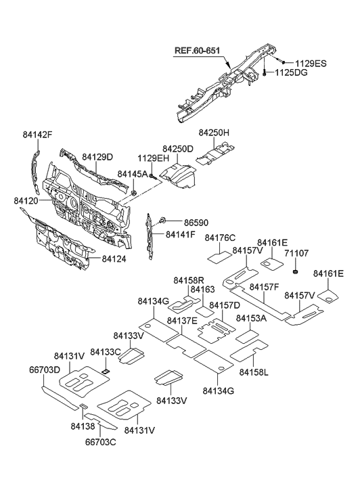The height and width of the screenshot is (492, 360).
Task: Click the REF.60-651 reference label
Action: coord(202,49)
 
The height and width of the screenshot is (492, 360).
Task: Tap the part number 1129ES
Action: coord(311,63)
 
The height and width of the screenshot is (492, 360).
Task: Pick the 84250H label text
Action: coord(214,133)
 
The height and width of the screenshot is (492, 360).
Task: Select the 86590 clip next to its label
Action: coord(163,221)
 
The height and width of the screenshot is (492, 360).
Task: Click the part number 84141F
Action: coord(179,235)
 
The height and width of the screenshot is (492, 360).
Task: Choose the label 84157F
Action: coord(266,288)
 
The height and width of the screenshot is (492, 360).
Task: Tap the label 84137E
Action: coord(183,320)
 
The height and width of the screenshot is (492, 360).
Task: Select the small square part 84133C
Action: coord(106,370)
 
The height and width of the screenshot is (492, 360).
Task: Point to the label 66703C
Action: coord(102,443)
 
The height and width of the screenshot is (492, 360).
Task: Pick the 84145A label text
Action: coord(133,174)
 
